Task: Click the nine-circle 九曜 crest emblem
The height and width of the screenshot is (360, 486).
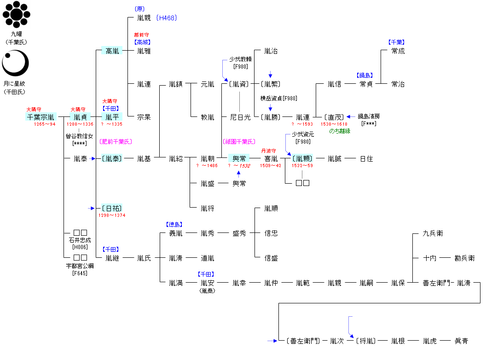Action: pos(16,15)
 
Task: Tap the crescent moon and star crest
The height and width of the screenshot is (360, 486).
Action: pos(15,64)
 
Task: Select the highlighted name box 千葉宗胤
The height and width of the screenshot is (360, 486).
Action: pos(41,117)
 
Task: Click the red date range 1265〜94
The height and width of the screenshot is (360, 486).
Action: pos(45,124)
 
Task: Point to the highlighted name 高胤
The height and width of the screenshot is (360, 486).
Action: pos(112,51)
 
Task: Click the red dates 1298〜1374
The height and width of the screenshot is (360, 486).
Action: pos(112,215)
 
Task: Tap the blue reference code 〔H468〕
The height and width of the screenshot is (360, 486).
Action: pos(166,18)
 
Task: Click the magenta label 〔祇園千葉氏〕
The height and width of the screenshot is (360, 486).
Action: pos(239,141)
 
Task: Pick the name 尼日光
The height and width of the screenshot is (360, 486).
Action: pos(240,117)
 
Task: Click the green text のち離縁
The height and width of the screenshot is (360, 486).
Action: pos(339,131)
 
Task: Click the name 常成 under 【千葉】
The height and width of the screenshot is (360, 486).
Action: pos(398,51)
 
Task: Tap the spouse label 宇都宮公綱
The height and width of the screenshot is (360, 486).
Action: pos(80,267)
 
